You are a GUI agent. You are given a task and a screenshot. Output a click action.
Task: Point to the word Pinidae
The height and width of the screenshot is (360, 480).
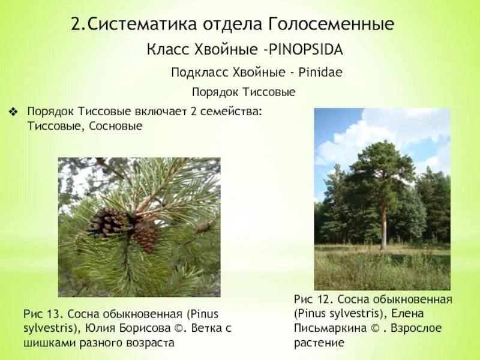click(320, 72)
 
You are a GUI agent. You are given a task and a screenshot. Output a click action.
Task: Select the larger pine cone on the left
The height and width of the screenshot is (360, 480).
click(109, 222)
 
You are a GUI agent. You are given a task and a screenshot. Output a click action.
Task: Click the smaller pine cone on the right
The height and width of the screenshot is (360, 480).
click(146, 235)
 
